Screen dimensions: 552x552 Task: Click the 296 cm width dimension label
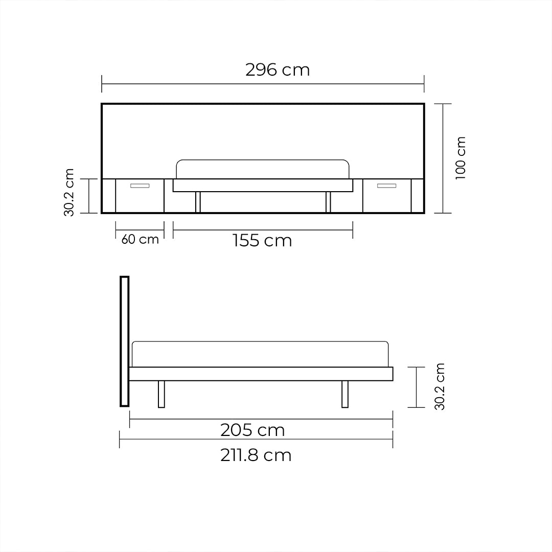278,70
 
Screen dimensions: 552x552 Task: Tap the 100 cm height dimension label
461,157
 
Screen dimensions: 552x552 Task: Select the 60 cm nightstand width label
140,239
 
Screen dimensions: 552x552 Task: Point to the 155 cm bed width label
262,240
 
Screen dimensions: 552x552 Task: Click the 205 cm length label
252,430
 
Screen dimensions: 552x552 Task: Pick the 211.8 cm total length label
256,455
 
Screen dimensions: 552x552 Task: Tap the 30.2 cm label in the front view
70,192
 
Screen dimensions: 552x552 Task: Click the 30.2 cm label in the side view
440,386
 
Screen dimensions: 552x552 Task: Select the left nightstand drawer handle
140,186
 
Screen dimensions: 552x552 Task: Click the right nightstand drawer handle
387,186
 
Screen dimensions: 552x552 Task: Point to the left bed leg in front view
198,202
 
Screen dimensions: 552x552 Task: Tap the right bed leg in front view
328,202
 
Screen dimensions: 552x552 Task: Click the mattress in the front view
263,169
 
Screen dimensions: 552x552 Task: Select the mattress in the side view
260,354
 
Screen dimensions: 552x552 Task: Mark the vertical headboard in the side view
124,341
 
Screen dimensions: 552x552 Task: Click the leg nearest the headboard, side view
162,394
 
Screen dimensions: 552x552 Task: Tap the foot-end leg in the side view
345,394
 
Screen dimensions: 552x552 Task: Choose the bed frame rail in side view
261,374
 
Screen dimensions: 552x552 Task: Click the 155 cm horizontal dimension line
307,230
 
